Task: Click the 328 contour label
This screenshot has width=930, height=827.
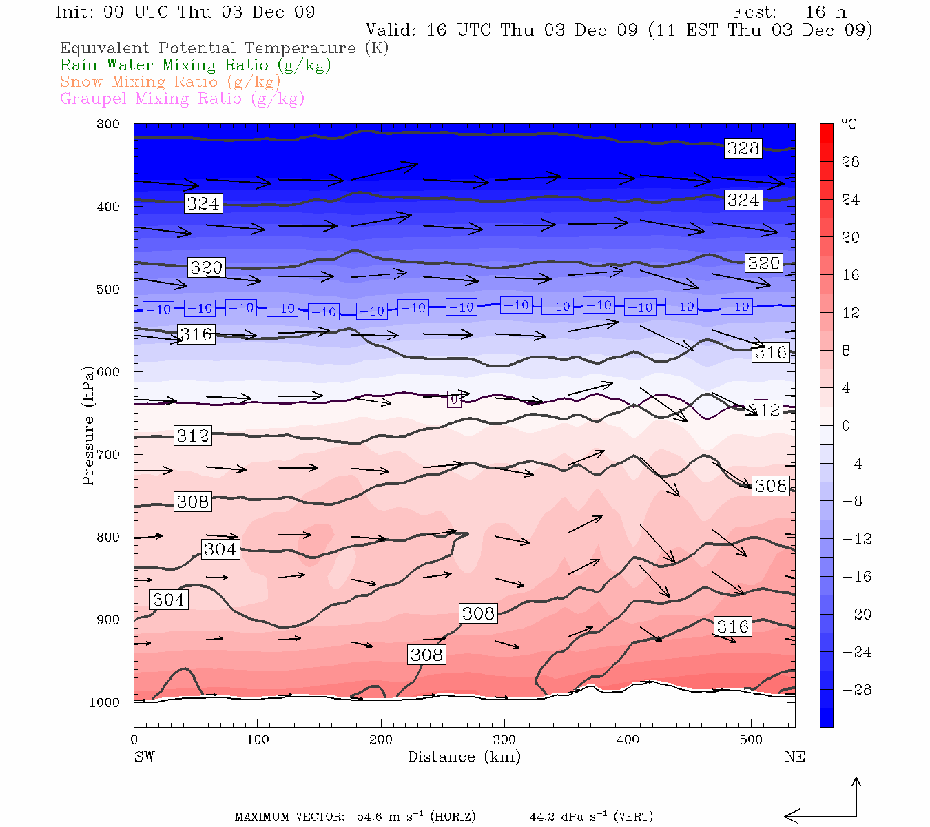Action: pos(743,148)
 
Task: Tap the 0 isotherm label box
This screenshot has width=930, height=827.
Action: pos(454,399)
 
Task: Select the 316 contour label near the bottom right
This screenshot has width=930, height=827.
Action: pos(732,626)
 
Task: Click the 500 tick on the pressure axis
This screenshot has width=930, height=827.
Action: pos(107,289)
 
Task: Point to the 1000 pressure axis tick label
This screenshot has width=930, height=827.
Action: pos(104,703)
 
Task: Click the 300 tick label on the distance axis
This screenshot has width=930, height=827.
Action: pos(504,740)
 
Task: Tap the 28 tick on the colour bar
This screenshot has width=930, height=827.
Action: pos(851,162)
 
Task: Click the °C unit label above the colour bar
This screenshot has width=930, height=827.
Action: pos(849,124)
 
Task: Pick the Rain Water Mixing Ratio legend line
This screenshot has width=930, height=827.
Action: pos(196,65)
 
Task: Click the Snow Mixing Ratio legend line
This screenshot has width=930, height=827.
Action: pos(170,82)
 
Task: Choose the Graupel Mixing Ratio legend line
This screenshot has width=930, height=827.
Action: pos(183,99)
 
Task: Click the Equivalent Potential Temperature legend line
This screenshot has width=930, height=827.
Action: pos(224,48)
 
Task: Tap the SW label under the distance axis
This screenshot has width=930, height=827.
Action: pos(144,757)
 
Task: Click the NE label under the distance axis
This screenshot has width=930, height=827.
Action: pos(794,757)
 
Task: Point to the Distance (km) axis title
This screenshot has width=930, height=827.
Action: pos(464,757)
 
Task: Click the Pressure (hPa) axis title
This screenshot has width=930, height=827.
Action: pos(88,425)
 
